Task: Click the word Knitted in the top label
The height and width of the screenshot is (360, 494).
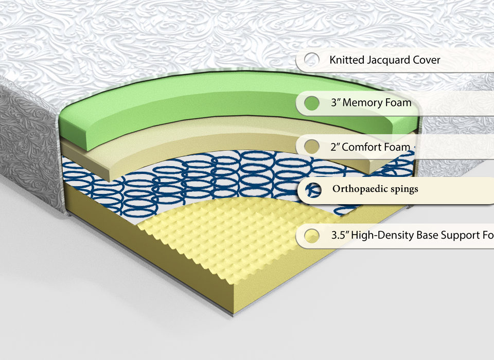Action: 346,60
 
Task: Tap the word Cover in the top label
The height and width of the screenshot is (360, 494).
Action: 427,60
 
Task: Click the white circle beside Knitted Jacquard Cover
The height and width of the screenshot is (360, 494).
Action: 311,60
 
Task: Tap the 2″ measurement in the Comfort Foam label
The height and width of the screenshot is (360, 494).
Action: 336,148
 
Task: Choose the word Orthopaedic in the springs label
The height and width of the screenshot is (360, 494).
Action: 360,189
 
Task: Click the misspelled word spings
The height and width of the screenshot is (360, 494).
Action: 404,189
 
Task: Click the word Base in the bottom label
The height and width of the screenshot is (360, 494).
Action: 423,236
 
